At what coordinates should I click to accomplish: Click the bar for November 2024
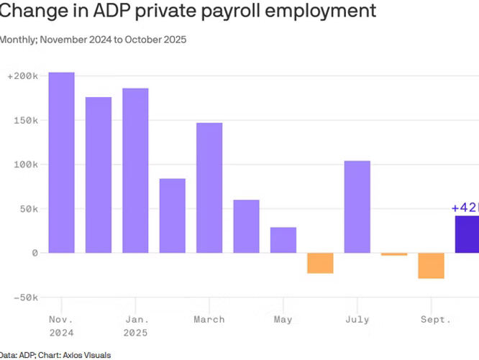click(x=62, y=162)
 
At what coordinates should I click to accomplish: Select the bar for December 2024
click(x=99, y=175)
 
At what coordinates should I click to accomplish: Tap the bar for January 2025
click(x=135, y=170)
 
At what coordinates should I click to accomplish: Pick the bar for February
click(x=173, y=216)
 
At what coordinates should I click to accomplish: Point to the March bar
click(x=209, y=188)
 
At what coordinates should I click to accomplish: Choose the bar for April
click(x=247, y=226)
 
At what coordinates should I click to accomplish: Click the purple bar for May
click(x=283, y=240)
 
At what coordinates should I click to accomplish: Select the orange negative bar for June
click(x=320, y=263)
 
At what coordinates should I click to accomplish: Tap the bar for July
click(x=357, y=207)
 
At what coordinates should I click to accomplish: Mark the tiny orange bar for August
click(x=394, y=254)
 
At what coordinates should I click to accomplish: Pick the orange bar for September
click(x=432, y=266)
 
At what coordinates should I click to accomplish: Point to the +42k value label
click(x=465, y=208)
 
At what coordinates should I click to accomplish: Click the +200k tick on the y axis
click(x=22, y=75)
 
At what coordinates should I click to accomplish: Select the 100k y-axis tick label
click(x=25, y=165)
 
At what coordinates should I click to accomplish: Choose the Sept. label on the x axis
click(x=436, y=319)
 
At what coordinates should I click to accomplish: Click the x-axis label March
click(x=209, y=319)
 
